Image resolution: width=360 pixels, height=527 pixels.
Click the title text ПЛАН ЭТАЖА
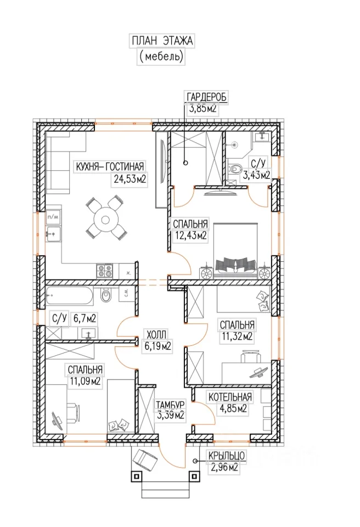[x=162, y=41]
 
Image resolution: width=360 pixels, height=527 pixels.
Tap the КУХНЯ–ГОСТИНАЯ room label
[x=110, y=166]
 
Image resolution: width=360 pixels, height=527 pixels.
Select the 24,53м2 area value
[x=130, y=179]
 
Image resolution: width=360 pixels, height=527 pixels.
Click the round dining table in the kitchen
[x=106, y=220]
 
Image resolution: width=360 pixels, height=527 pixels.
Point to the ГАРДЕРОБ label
[x=207, y=97]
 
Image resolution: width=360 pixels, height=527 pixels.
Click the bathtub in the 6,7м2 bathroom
[x=69, y=295]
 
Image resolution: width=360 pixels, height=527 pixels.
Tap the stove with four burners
[x=104, y=271]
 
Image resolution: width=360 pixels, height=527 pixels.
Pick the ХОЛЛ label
[x=156, y=334]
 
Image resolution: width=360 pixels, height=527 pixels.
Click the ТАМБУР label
[x=170, y=404]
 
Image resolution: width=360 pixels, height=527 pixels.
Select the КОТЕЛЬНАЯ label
[x=230, y=397]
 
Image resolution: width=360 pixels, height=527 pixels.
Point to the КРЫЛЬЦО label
[x=227, y=456]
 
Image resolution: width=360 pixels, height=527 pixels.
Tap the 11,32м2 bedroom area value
[x=237, y=336]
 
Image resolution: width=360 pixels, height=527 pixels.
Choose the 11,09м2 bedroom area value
[x=85, y=382]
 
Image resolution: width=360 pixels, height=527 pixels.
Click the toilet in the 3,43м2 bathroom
[x=234, y=168]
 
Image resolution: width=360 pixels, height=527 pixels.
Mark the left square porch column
[x=136, y=476]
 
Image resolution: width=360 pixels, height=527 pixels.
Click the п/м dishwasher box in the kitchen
[x=53, y=217]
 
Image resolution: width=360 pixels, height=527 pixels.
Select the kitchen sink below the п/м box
[x=53, y=233]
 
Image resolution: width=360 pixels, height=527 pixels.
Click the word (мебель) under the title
[x=161, y=57]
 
